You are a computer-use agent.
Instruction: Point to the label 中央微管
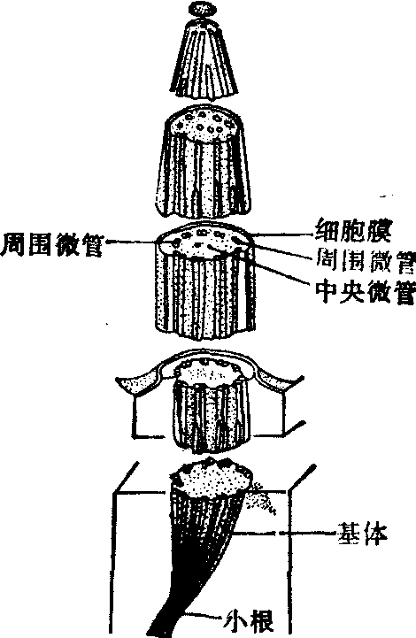pyautogui.click(x=366, y=292)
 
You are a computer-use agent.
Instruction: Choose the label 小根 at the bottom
pyautogui.click(x=249, y=620)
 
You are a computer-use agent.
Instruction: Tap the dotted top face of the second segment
pyautogui.click(x=204, y=123)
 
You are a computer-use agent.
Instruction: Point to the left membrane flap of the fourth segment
pyautogui.click(x=139, y=381)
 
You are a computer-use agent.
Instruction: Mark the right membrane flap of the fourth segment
pyautogui.click(x=276, y=379)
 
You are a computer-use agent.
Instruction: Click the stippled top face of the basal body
pyautogui.click(x=212, y=480)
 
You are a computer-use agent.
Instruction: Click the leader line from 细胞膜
pyautogui.click(x=285, y=234)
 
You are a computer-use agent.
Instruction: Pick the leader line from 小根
pyautogui.click(x=204, y=615)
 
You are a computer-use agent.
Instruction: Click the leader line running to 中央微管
pyautogui.click(x=260, y=267)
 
